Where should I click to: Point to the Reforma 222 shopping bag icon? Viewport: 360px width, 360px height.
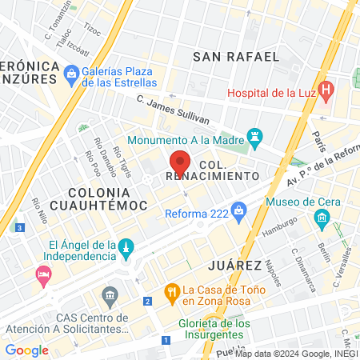click(x=238, y=211)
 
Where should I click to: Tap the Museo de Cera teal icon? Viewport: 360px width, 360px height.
click(x=322, y=217)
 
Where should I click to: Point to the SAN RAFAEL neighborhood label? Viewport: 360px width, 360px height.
click(x=237, y=57)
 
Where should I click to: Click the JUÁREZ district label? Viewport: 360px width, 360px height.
click(x=234, y=265)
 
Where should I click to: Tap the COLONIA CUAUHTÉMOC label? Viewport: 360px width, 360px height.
click(x=108, y=199)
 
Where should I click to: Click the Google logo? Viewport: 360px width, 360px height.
click(x=27, y=350)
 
